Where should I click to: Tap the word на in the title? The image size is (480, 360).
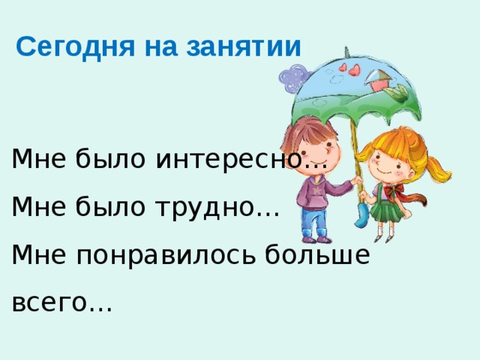coord(157,47)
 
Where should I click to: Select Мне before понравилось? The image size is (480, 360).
coord(38,256)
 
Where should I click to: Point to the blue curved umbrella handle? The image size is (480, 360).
coord(360,217)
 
